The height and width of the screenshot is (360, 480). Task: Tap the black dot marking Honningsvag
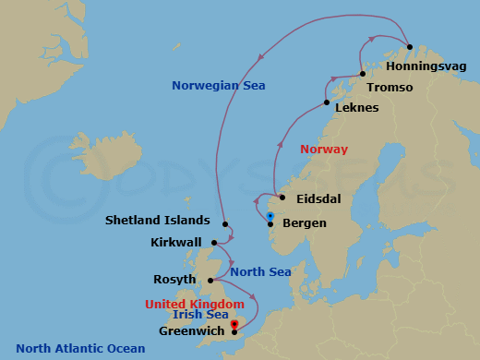pyautogui.click(x=409, y=49)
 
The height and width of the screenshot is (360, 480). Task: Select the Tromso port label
pyautogui.click(x=390, y=88)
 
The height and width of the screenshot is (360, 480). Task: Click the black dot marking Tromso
pyautogui.click(x=363, y=74)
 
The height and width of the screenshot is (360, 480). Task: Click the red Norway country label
pyautogui.click(x=324, y=149)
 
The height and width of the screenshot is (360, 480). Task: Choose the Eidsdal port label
pyautogui.click(x=319, y=198)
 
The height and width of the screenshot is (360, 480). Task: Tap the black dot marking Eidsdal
pyautogui.click(x=282, y=197)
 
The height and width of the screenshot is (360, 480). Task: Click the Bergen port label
pyautogui.click(x=306, y=223)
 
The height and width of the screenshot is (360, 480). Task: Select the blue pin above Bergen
pyautogui.click(x=270, y=216)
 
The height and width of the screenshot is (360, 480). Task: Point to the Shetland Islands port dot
pyautogui.click(x=225, y=222)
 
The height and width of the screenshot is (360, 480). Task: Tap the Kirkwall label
pyautogui.click(x=176, y=243)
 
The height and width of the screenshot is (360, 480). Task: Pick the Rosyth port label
pyautogui.click(x=176, y=279)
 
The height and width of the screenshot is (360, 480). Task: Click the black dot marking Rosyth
pyautogui.click(x=211, y=280)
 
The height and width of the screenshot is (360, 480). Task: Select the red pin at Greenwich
pyautogui.click(x=234, y=324)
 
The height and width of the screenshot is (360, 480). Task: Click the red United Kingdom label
pyautogui.click(x=194, y=304)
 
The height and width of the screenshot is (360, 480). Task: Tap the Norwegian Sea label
pyautogui.click(x=219, y=86)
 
